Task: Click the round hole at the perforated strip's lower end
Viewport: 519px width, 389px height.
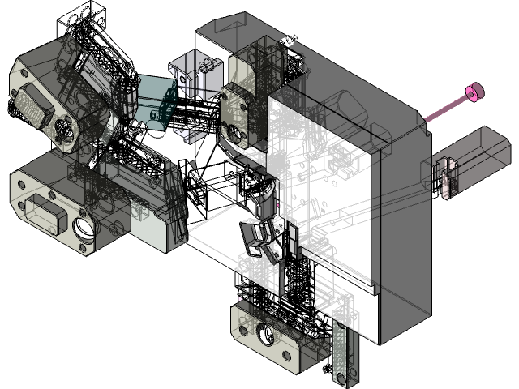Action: [x=341, y=379]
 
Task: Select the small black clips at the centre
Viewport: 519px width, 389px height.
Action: [x=258, y=235]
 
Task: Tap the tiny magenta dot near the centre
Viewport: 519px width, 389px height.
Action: [x=277, y=207]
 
